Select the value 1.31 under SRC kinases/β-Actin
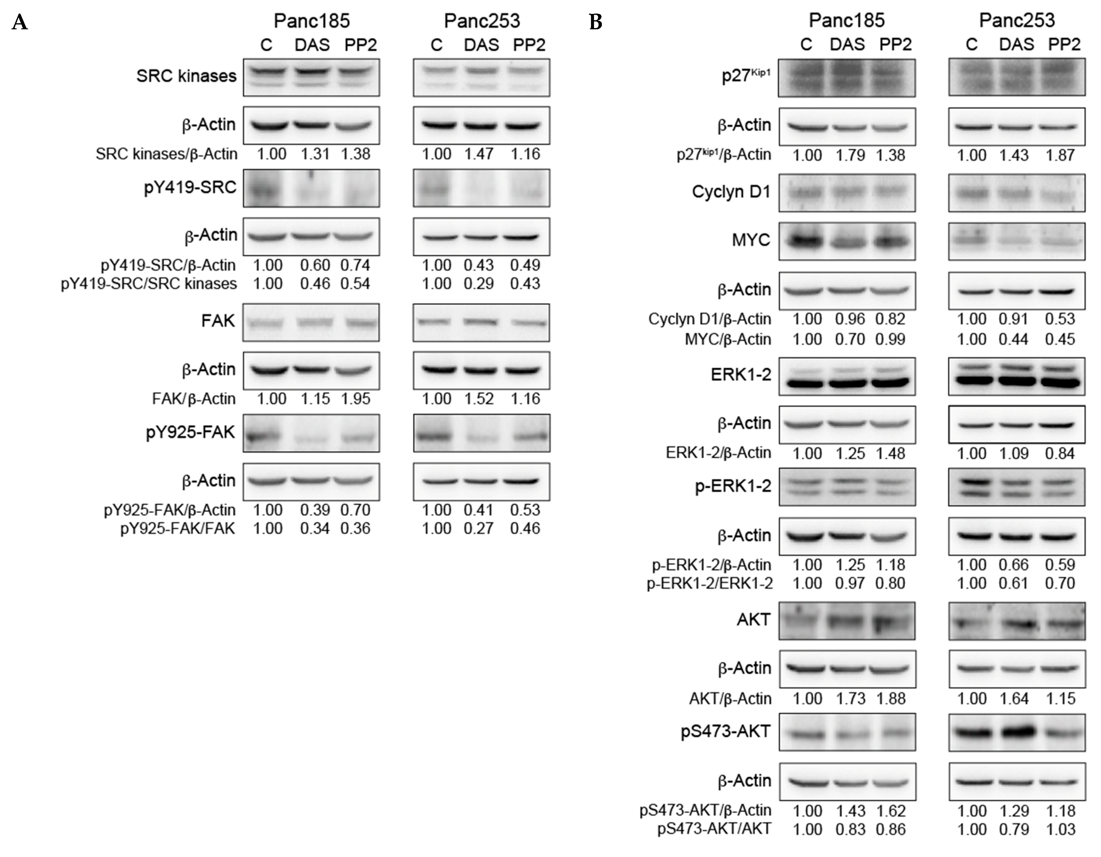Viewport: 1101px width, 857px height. pyautogui.click(x=315, y=154)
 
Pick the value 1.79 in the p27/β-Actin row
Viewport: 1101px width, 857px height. pyautogui.click(x=851, y=155)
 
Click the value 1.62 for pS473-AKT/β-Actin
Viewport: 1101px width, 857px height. pyautogui.click(x=891, y=810)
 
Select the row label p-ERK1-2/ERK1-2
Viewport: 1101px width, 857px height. pyautogui.click(x=709, y=583)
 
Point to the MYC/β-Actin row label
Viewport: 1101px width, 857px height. pyautogui.click(x=728, y=339)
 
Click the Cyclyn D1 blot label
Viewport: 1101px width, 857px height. pyautogui.click(x=731, y=192)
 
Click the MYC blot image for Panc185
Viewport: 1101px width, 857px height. pyautogui.click(x=847, y=241)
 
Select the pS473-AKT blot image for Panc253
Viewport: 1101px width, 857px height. pyautogui.click(x=1016, y=732)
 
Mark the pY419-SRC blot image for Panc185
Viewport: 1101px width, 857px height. pyautogui.click(x=311, y=188)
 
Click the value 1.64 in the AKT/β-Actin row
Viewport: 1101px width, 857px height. pyautogui.click(x=1014, y=699)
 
